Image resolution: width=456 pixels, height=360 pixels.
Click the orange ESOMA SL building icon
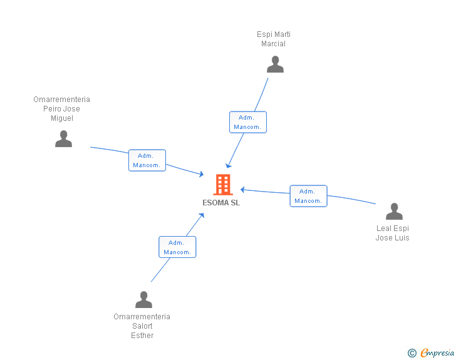click(222, 185)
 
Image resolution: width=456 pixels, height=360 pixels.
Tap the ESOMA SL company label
click(221, 203)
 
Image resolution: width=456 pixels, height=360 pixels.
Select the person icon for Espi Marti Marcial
click(275, 64)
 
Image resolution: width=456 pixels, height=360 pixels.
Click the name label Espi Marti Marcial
click(274, 39)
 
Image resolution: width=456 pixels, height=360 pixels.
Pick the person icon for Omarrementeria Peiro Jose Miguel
click(63, 139)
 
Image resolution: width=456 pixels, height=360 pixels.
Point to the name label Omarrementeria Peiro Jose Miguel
click(62, 109)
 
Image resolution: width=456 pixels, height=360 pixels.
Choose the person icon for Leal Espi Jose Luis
click(394, 212)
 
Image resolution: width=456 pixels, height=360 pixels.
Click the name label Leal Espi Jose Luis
click(393, 233)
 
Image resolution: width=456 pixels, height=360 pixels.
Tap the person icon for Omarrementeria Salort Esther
click(143, 300)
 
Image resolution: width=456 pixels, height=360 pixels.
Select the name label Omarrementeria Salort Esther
click(142, 326)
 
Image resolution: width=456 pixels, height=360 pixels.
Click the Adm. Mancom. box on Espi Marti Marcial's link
click(247, 122)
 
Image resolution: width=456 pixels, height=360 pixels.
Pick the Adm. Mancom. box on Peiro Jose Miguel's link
click(147, 160)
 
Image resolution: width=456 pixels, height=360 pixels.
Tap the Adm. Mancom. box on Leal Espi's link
click(308, 196)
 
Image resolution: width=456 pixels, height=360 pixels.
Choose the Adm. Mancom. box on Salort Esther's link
click(177, 247)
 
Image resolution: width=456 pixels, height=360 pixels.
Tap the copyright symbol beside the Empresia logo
click(412, 353)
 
